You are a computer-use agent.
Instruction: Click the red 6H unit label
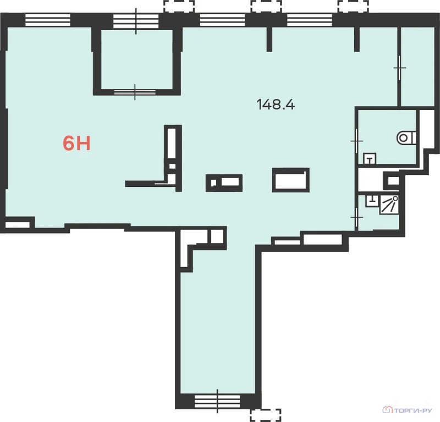pyautogui.click(x=76, y=143)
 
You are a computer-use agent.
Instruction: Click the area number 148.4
pyautogui.click(x=276, y=104)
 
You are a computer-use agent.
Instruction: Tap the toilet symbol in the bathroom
pyautogui.click(x=406, y=138)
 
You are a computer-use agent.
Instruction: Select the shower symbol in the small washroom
pyautogui.click(x=389, y=205)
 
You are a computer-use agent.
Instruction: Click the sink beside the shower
pyautogui.click(x=372, y=201)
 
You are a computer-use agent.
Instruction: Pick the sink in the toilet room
pyautogui.click(x=370, y=159)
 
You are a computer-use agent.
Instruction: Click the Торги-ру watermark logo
pyautogui.click(x=408, y=410)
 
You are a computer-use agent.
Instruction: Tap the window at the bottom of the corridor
pyautogui.click(x=217, y=401)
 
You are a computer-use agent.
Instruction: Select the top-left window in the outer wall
pyautogui.click(x=48, y=20)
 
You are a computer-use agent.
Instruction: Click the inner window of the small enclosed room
pyautogui.click(x=135, y=92)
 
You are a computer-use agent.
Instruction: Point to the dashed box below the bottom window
pyautogui.click(x=266, y=415)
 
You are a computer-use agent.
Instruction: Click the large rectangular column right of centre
pyautogui.click(x=291, y=180)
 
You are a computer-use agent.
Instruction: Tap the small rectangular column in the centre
pyautogui.click(x=224, y=183)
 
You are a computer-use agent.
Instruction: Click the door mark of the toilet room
pyautogui.click(x=356, y=141)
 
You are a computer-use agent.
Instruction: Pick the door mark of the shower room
pyautogui.click(x=356, y=217)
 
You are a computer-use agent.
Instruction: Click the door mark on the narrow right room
pyautogui.click(x=399, y=68)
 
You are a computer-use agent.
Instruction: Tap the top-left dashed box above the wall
pyautogui.click(x=179, y=6)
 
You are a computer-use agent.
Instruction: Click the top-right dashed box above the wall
pyautogui.click(x=353, y=6)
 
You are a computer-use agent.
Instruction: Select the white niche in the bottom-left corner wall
pyautogui.click(x=18, y=225)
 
